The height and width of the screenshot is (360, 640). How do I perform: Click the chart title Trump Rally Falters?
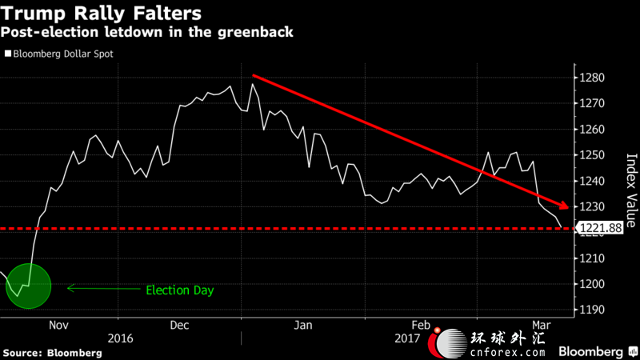100,14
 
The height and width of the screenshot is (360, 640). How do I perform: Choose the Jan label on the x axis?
302,326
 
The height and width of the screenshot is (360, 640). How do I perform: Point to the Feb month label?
421,326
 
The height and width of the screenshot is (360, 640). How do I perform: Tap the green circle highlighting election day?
28,286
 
